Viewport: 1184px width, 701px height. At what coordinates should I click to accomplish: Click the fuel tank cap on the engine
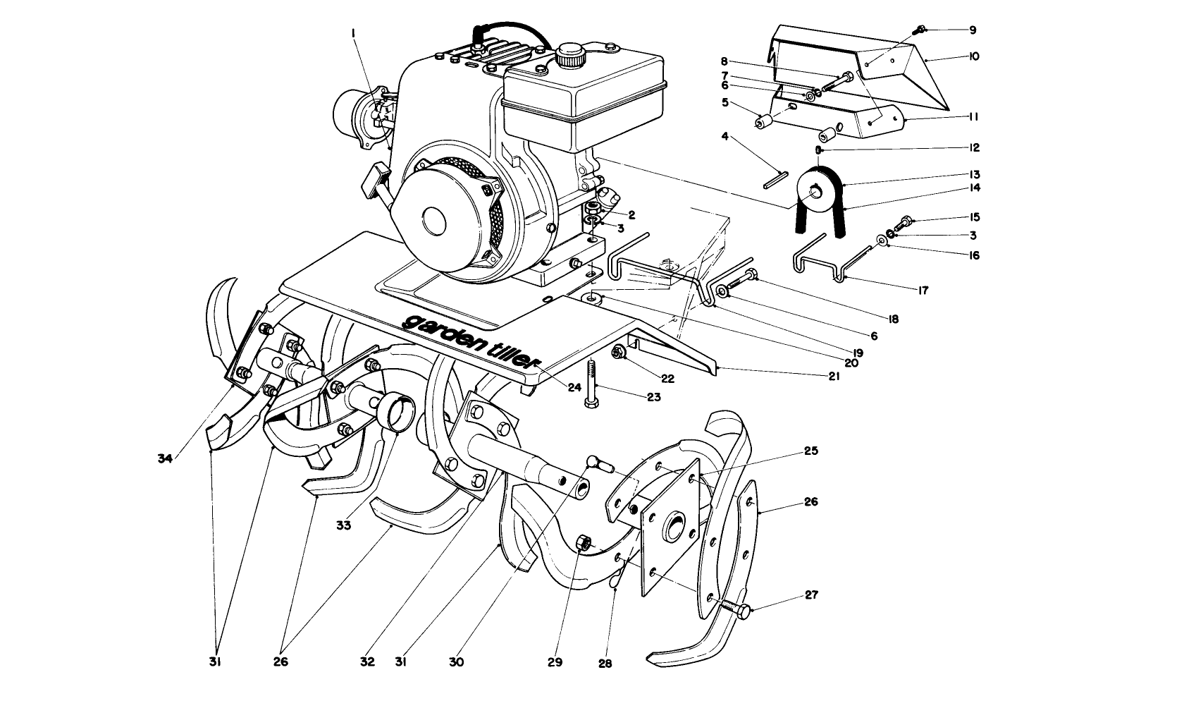coord(569,54)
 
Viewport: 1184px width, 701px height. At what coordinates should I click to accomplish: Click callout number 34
coord(166,458)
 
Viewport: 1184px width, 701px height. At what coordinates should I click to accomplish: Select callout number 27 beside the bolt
coord(811,595)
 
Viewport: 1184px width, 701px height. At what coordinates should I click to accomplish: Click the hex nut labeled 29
coord(583,543)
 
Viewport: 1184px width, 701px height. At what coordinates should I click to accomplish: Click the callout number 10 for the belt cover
coord(974,56)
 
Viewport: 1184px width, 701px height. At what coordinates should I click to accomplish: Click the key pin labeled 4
coord(775,179)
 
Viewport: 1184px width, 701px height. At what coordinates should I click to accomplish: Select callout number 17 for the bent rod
coord(923,290)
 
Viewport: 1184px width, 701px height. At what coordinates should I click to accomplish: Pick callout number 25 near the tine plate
coord(811,451)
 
